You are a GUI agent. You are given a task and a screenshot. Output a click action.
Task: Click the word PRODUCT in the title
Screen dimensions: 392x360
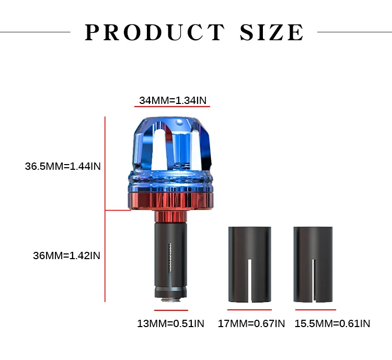155,32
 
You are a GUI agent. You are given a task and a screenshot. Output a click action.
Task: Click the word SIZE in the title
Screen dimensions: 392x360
272,32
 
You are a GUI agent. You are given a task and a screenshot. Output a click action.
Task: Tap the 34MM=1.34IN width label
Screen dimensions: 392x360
173,100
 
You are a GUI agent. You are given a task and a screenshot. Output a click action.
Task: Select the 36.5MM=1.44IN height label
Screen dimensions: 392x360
63,166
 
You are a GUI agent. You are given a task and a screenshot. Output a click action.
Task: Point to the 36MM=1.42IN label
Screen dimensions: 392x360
66,256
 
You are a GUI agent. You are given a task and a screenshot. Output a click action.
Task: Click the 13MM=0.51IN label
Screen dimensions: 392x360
171,323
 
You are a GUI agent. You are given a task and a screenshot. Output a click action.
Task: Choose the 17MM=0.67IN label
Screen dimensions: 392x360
251,323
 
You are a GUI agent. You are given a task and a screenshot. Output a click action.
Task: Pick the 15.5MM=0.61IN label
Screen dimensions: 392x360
332,323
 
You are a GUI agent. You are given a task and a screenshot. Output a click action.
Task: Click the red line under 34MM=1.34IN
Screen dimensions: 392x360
172,107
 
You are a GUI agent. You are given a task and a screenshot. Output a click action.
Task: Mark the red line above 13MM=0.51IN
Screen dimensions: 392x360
171,310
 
